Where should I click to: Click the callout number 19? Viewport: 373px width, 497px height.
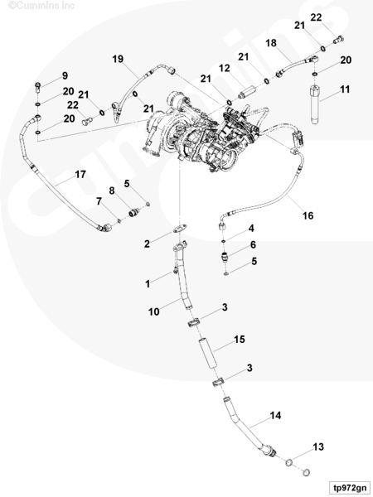(118, 59)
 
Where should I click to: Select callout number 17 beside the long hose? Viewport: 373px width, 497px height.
(80, 174)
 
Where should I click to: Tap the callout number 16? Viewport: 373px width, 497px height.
(308, 215)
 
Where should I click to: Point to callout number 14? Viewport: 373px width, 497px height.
(275, 415)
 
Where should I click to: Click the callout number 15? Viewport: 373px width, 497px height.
(240, 340)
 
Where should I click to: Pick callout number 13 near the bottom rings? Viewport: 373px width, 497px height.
(318, 447)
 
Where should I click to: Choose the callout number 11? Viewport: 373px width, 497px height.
(345, 89)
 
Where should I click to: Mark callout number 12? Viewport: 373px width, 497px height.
(225, 68)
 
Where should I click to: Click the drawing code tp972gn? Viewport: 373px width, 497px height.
(349, 488)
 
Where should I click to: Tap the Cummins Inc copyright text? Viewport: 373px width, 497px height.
(41, 6)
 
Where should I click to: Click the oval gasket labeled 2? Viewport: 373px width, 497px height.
(180, 229)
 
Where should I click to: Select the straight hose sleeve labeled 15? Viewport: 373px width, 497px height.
(208, 354)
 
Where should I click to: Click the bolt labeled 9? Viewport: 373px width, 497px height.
(38, 87)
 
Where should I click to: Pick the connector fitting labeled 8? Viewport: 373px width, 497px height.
(134, 212)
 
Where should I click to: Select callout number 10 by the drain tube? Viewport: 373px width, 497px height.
(154, 312)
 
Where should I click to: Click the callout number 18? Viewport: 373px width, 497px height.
(271, 43)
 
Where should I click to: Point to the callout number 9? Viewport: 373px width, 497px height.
(65, 75)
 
